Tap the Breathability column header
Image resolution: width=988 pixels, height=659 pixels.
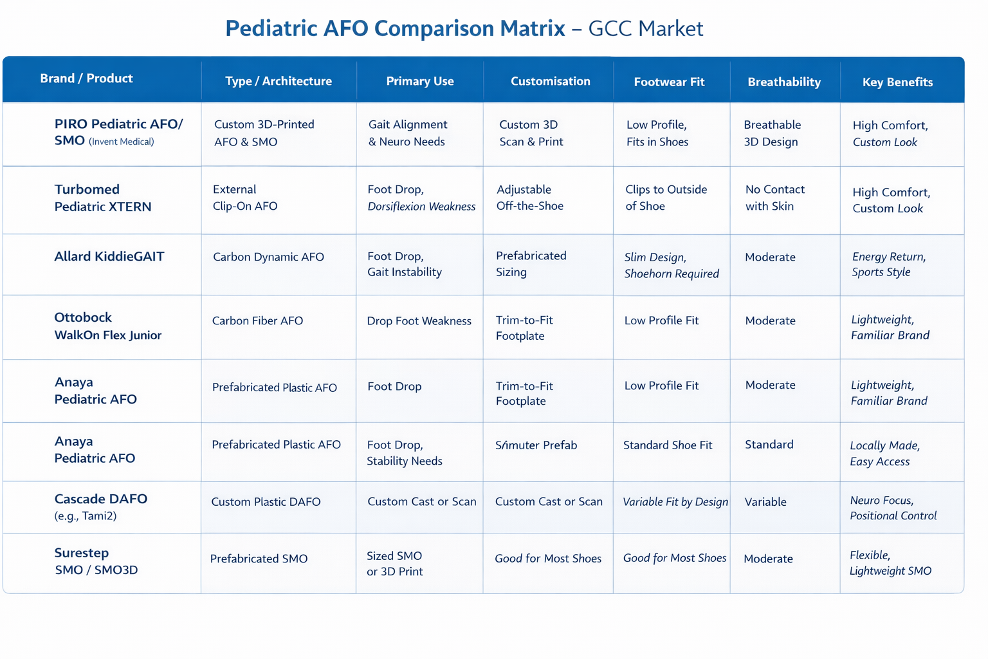(x=784, y=82)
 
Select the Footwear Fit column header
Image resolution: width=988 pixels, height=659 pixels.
(x=669, y=82)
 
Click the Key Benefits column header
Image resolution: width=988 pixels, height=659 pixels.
(x=897, y=82)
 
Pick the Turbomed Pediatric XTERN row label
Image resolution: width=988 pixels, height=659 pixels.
(x=103, y=198)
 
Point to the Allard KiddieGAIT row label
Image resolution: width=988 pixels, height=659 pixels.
(x=109, y=256)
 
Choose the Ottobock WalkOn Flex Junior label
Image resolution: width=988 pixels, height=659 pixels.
(x=107, y=326)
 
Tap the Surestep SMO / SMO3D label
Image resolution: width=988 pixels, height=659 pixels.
(x=96, y=561)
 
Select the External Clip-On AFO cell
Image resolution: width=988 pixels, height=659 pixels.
(x=245, y=198)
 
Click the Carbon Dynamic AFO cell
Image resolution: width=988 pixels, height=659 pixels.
(x=268, y=257)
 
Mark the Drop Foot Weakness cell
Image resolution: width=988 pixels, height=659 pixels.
(x=419, y=321)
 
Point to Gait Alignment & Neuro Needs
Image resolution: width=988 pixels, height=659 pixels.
(x=407, y=133)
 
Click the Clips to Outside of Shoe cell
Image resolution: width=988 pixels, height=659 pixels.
(x=666, y=198)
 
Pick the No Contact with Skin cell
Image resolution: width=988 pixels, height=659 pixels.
(x=774, y=198)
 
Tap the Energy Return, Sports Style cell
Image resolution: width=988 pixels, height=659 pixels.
(x=888, y=264)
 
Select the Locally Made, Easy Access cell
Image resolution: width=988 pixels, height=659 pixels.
(x=884, y=453)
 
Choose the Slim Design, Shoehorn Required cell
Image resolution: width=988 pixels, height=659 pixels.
(x=671, y=265)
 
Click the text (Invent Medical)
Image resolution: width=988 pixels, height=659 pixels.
(x=121, y=142)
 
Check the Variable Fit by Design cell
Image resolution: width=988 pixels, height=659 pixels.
(x=675, y=502)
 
